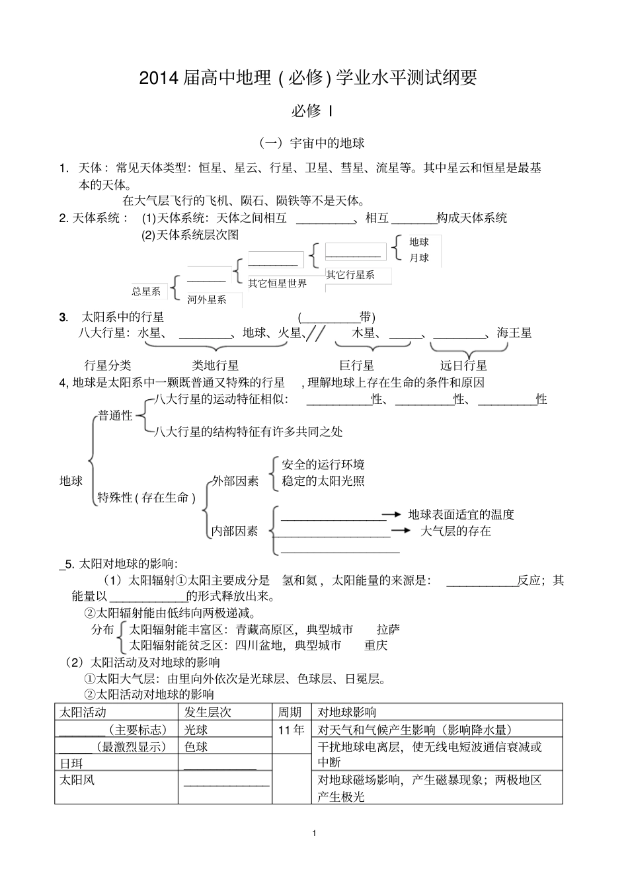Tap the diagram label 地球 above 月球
(419, 243)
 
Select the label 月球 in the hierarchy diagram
(419, 258)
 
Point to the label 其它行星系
(350, 274)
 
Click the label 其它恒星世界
(278, 284)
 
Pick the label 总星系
(146, 291)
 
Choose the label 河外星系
(207, 299)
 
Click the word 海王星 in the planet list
(514, 333)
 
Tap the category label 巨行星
(357, 366)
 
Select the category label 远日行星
(464, 366)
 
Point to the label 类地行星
(216, 366)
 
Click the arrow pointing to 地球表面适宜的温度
(393, 514)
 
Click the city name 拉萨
(388, 629)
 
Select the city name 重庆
(375, 645)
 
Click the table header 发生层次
(208, 712)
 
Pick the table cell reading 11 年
(292, 730)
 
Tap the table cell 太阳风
(77, 780)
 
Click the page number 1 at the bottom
(314, 833)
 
